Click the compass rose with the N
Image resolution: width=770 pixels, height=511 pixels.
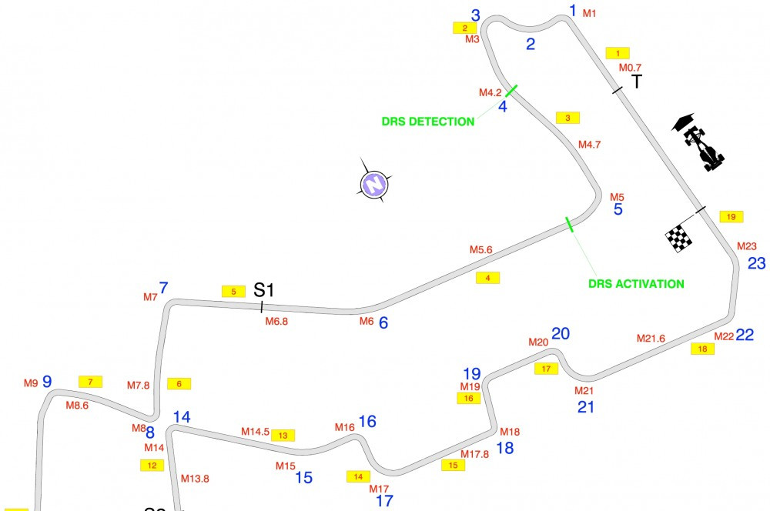click(x=374, y=184)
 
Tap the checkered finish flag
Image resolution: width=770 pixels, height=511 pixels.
click(x=678, y=238)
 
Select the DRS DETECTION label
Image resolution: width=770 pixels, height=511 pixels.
click(x=427, y=122)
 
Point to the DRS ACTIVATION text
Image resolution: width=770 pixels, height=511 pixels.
click(x=636, y=284)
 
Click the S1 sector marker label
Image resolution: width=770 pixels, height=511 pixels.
click(x=263, y=290)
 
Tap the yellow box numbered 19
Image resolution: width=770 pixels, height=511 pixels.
click(x=731, y=216)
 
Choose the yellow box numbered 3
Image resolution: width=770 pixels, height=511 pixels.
click(x=567, y=118)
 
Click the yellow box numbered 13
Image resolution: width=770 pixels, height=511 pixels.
click(x=283, y=436)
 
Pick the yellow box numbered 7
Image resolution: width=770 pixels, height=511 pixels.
click(x=90, y=382)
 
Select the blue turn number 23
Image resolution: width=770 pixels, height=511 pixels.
click(x=756, y=264)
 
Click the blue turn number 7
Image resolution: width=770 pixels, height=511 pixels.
click(x=163, y=288)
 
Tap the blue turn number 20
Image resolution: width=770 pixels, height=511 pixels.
click(x=561, y=334)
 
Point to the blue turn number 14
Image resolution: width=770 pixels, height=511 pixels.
click(x=182, y=417)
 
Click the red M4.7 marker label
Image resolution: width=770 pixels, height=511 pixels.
click(x=589, y=145)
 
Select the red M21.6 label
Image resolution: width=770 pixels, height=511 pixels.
click(x=651, y=338)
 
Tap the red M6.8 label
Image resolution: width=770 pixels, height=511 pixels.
click(x=276, y=322)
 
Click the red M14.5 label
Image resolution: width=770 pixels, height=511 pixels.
click(x=255, y=432)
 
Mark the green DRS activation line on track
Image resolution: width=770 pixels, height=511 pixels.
click(x=569, y=224)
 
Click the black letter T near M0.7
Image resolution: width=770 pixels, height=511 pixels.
click(x=637, y=82)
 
